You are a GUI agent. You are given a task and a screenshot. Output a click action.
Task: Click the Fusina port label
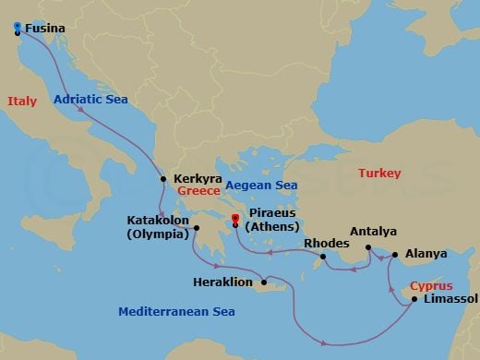pos(44,29)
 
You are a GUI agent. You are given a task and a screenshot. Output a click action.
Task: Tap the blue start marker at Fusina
pos(18,30)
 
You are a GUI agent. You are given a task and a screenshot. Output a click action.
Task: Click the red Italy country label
pos(21,101)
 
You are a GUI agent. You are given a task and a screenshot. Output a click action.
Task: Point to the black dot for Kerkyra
pos(163,179)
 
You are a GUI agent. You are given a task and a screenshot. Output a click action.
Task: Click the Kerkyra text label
pos(195,178)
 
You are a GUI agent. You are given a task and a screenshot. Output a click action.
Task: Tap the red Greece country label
pos(198,190)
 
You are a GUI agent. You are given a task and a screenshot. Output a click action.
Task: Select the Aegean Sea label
pos(262,185)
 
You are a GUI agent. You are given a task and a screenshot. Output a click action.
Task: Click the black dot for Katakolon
pos(197,227)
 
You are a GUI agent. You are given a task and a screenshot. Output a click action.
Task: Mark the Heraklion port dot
pos(264,282)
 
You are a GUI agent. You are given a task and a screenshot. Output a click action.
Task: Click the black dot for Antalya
pos(367,247)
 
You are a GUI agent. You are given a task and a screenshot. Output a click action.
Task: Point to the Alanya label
pos(425,254)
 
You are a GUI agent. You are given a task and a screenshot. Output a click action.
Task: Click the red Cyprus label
pos(431,285)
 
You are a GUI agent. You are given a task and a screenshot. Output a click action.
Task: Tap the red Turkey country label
pos(379,173)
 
